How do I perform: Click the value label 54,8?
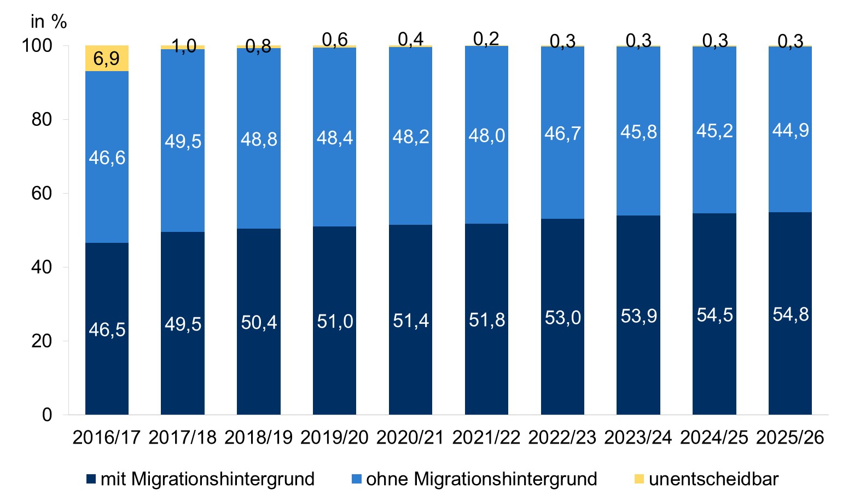pos(790,315)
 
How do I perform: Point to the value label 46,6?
pos(107,158)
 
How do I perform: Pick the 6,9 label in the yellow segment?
pos(106,58)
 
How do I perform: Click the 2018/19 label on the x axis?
pos(258,438)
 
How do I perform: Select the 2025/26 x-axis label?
pos(790,438)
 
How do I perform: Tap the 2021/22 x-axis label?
pos(486,438)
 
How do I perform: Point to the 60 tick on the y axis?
pos(42,193)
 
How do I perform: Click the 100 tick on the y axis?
pos(37,45)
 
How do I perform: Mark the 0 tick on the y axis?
pos(47,415)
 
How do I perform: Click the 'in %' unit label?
pos(49,22)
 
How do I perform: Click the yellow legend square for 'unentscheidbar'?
pos(638,479)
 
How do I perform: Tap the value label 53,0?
pos(562,318)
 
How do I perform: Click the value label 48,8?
pos(259,139)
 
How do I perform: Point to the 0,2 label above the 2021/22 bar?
pos(486,38)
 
